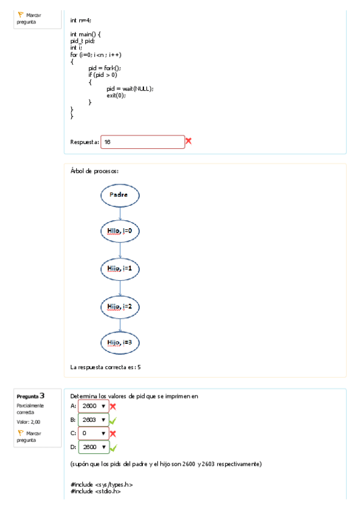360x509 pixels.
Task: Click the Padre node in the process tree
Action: point(120,195)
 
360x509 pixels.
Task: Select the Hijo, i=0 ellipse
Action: point(120,231)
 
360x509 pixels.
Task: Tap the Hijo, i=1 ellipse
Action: point(120,269)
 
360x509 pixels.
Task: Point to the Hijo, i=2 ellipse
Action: point(120,307)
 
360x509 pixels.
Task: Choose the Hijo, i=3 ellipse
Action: point(120,343)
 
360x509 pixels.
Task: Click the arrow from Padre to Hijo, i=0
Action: point(120,213)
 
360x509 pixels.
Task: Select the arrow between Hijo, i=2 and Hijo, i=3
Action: point(120,325)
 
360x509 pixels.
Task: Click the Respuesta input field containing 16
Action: point(142,142)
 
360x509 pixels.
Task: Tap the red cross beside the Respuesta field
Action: point(188,141)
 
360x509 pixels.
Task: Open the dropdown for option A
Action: point(93,406)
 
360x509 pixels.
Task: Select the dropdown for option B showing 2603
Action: point(93,420)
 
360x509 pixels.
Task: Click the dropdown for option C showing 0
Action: point(93,433)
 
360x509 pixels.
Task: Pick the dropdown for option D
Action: point(93,447)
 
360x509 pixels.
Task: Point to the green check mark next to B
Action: point(113,420)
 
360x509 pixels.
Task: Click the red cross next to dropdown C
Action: point(113,433)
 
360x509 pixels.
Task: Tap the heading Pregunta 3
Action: point(31,396)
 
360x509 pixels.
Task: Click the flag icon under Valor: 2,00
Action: point(20,432)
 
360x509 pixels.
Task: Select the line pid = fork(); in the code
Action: point(105,68)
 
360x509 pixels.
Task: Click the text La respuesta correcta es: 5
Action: point(106,367)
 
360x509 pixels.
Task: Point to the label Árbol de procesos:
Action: point(94,172)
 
